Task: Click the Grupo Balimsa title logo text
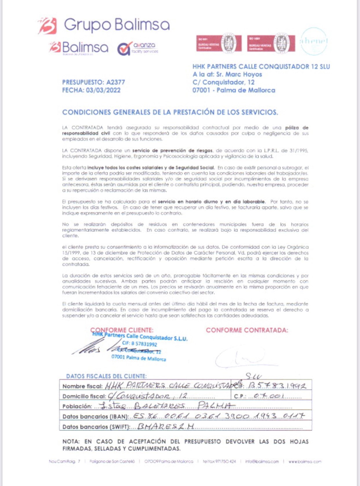117,25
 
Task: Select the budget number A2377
116,82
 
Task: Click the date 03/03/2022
103,90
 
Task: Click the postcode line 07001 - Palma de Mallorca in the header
234,90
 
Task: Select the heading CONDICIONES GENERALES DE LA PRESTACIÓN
170,112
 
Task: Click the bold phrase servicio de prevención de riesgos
172,151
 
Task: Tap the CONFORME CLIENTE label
122,330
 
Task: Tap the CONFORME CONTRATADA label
247,330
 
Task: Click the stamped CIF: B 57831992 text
139,344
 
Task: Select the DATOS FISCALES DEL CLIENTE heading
106,376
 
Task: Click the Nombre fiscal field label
82,386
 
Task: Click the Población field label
77,406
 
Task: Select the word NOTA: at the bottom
71,442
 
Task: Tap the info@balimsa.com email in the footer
262,461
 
